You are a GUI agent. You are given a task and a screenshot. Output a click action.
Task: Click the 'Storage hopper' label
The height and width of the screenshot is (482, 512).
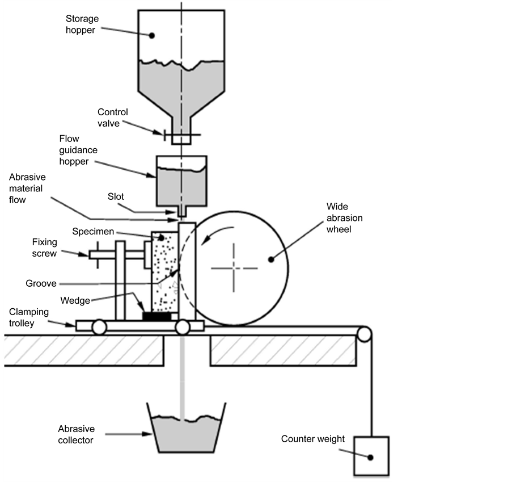pos(81,24)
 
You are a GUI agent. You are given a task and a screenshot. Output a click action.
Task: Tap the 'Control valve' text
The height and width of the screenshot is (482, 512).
pos(113,118)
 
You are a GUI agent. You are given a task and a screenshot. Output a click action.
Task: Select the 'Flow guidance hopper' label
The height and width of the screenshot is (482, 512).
pos(78,150)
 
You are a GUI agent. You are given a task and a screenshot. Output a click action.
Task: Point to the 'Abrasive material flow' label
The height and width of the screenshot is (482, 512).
pos(27,188)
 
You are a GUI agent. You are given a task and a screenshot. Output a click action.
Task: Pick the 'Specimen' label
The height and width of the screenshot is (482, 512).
pos(93,232)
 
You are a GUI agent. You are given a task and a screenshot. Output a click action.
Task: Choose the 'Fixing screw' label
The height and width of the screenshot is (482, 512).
pos(44,248)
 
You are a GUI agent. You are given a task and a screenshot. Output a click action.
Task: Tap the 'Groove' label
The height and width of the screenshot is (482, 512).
pos(41,283)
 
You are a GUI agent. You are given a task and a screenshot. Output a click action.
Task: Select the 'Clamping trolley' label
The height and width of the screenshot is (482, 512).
pos(28,317)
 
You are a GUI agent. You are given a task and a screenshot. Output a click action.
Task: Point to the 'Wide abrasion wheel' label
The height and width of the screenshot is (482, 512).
pos(344,218)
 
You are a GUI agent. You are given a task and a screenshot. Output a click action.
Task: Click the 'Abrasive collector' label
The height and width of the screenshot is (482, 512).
pos(76,434)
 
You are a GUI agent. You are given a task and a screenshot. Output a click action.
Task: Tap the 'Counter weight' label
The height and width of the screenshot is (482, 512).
pos(312,439)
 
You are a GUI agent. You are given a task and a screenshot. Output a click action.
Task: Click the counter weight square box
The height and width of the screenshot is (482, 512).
pos(371,456)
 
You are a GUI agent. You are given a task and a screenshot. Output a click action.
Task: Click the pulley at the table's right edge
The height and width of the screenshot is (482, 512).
pos(364,334)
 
